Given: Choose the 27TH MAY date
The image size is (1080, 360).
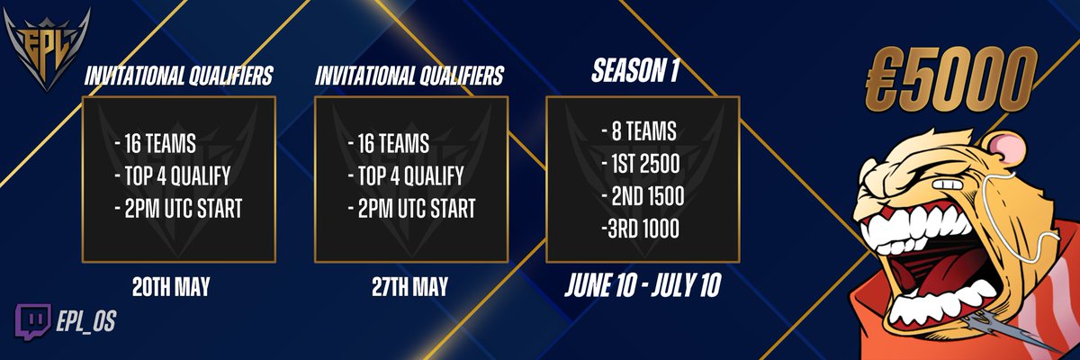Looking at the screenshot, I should pos(410,289).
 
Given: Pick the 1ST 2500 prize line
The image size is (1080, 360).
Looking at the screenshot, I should pos(643,165).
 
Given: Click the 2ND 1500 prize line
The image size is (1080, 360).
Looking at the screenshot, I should pos(643,197).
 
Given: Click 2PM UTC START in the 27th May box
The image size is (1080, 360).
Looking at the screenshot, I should pos(410,209).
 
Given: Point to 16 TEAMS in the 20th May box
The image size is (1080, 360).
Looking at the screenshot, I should pos(159,143).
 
